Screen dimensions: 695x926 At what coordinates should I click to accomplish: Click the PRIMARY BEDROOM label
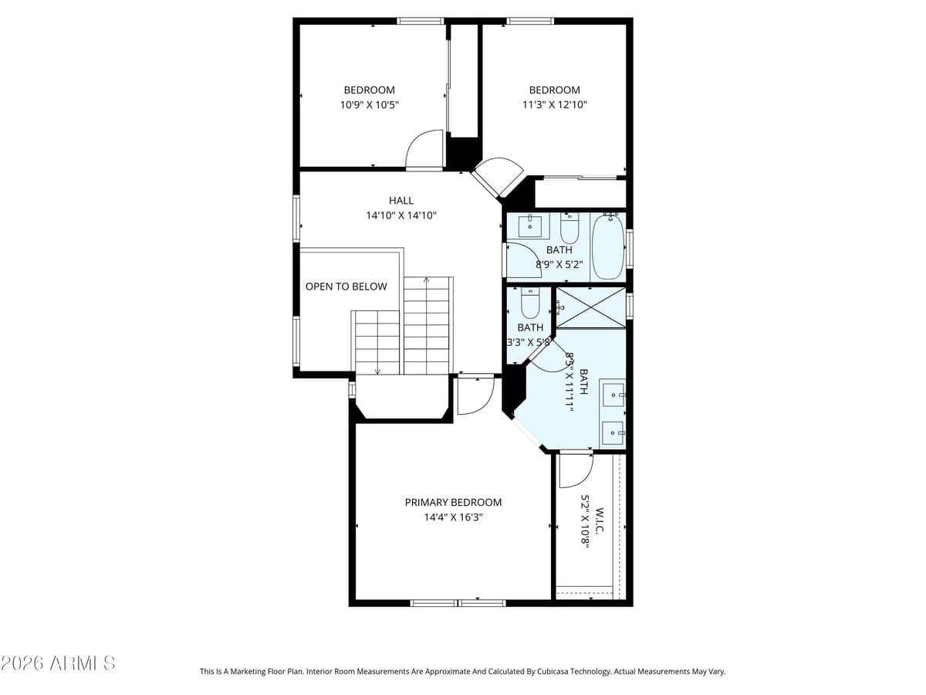pyautogui.click(x=453, y=502)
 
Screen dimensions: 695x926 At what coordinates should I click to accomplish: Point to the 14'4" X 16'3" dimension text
pyautogui.click(x=453, y=517)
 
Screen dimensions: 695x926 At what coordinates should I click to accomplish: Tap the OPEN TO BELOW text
pyautogui.click(x=346, y=286)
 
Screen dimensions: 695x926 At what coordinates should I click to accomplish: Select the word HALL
pyautogui.click(x=401, y=201)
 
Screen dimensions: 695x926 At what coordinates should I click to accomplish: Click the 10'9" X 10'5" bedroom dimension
pyautogui.click(x=369, y=105)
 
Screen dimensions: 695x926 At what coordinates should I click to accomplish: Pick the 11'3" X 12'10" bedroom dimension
pyautogui.click(x=554, y=105)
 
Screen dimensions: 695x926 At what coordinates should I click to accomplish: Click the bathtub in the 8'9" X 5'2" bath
pyautogui.click(x=608, y=246)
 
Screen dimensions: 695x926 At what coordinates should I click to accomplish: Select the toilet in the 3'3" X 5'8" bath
pyautogui.click(x=530, y=304)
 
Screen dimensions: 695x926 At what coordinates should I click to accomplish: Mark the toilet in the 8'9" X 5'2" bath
pyautogui.click(x=569, y=229)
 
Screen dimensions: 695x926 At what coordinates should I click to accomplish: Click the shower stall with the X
pyautogui.click(x=591, y=307)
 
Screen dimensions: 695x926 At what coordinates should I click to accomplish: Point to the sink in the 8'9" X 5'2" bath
pyautogui.click(x=529, y=227)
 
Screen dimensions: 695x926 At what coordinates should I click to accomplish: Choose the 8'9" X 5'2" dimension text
pyautogui.click(x=559, y=264)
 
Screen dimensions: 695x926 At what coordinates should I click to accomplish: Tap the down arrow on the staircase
pyautogui.click(x=377, y=369)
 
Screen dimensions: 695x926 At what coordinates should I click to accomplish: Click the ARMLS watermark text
pyautogui.click(x=58, y=663)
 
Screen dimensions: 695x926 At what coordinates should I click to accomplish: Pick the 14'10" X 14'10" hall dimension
pyautogui.click(x=401, y=216)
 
